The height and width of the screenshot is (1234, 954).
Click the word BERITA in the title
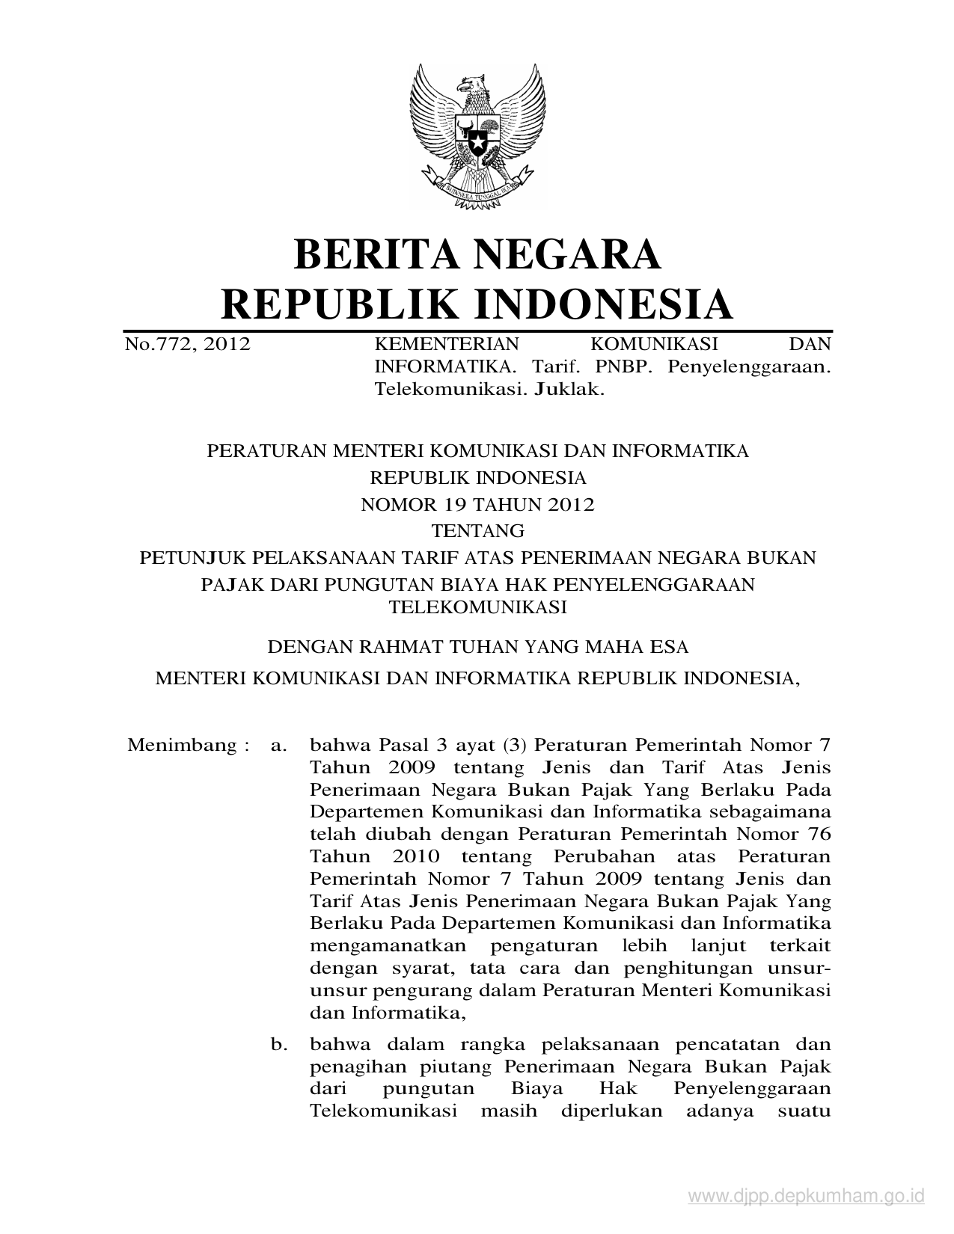(x=363, y=254)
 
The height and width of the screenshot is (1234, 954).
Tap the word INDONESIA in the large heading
(x=603, y=304)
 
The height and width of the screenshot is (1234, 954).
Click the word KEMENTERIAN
(x=446, y=345)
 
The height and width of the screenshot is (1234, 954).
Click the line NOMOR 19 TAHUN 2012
(x=477, y=505)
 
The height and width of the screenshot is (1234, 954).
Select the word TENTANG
(x=477, y=531)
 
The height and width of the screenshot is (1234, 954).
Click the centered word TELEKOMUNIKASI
(x=477, y=607)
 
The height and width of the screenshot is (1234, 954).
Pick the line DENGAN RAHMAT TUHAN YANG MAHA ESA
(x=477, y=646)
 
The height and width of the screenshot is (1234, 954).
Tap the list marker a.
(x=279, y=745)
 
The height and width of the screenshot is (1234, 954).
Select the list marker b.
(x=279, y=1044)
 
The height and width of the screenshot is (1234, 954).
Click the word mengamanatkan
(x=389, y=946)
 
